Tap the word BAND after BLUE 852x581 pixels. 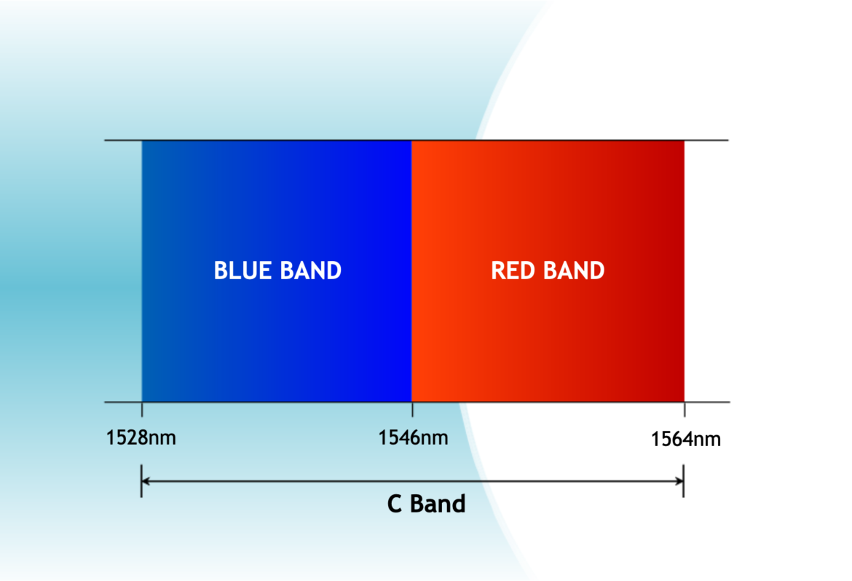pyautogui.click(x=309, y=270)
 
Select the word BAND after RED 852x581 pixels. pyautogui.click(x=574, y=270)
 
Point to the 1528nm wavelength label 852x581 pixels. pyautogui.click(x=141, y=438)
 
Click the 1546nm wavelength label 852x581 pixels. pyautogui.click(x=413, y=438)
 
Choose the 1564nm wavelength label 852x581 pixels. pyautogui.click(x=685, y=440)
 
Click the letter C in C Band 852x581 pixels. pyautogui.click(x=395, y=504)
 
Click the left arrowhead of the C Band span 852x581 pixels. pyautogui.click(x=146, y=480)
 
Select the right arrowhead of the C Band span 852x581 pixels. pyautogui.click(x=679, y=480)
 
